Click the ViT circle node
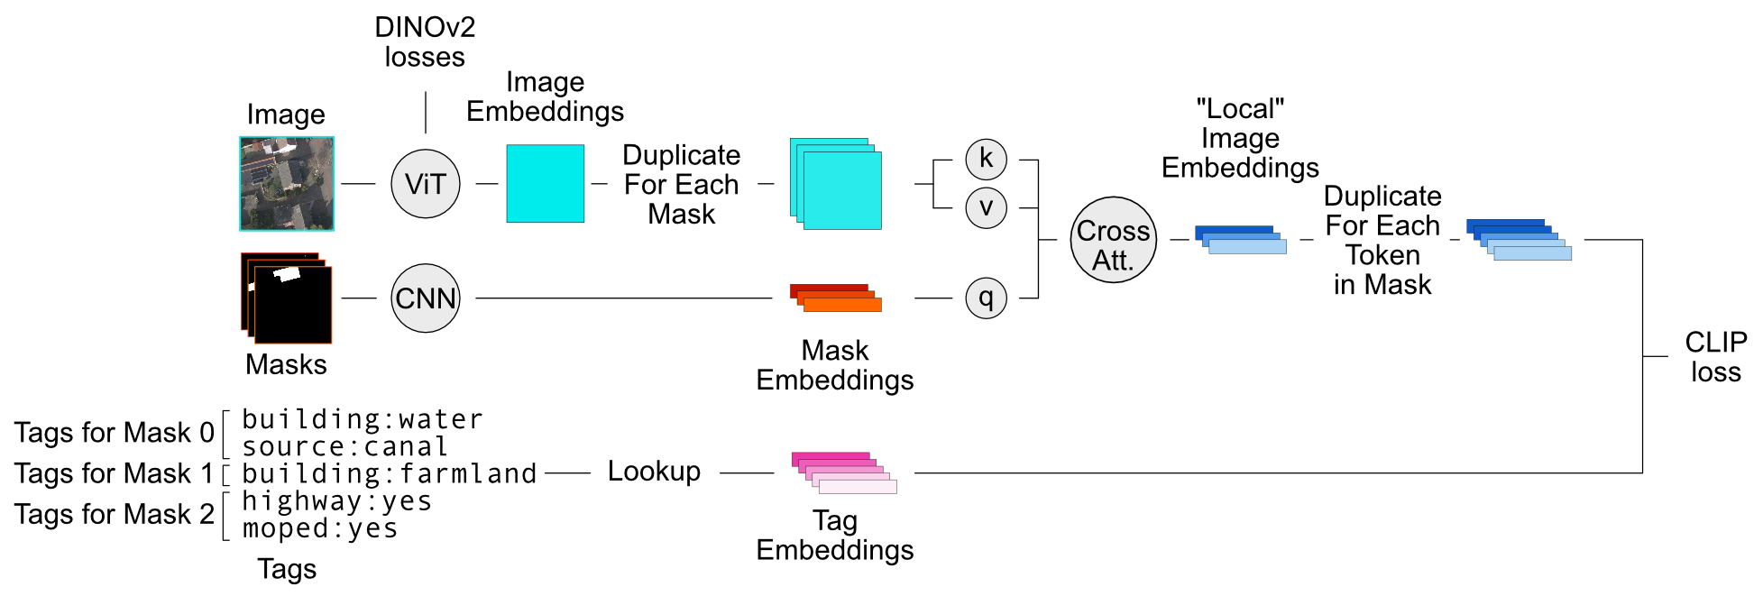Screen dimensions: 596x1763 pyautogui.click(x=426, y=184)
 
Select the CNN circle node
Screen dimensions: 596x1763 pyautogui.click(x=426, y=298)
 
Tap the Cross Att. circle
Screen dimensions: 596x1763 pyautogui.click(x=1114, y=240)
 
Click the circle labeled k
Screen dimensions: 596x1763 pyautogui.click(x=986, y=160)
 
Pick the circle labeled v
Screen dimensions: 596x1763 pyautogui.click(x=986, y=208)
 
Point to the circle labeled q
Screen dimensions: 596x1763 pyautogui.click(x=986, y=298)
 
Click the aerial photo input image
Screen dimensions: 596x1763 pyautogui.click(x=287, y=184)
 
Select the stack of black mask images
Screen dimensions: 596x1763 pyautogui.click(x=287, y=298)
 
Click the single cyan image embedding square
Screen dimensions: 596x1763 pyautogui.click(x=545, y=184)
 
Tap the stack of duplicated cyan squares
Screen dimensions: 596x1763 pyautogui.click(x=836, y=184)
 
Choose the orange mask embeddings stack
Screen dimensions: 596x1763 pyautogui.click(x=836, y=298)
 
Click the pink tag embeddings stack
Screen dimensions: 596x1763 pyautogui.click(x=844, y=472)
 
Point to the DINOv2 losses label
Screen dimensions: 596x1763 pyautogui.click(x=425, y=42)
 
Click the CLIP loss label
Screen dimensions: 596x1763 pyautogui.click(x=1715, y=357)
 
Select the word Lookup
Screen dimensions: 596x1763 pyautogui.click(x=654, y=472)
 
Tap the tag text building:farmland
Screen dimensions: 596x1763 pyautogui.click(x=390, y=473)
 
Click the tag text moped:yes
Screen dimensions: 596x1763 pyautogui.click(x=320, y=528)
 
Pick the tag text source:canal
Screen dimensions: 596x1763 pyautogui.click(x=345, y=446)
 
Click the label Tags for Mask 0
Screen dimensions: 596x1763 pyautogui.click(x=115, y=433)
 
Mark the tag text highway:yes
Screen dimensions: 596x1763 pyautogui.click(x=337, y=501)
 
